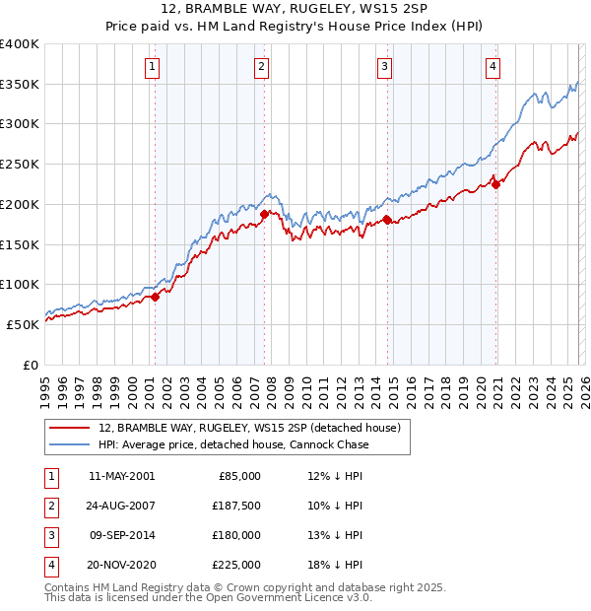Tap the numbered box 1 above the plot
click(154, 67)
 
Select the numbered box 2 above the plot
click(262, 67)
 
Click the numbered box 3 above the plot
click(384, 67)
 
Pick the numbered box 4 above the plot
click(492, 67)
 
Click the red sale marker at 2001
click(155, 297)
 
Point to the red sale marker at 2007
click(265, 214)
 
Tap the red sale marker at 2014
click(387, 220)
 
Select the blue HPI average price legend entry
click(233, 444)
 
